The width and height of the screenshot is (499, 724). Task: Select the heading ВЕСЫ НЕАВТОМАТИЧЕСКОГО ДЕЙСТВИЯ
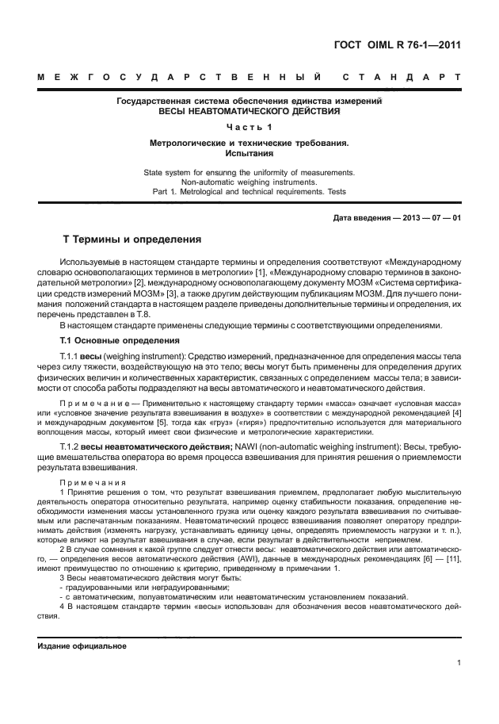pyautogui.click(x=249, y=112)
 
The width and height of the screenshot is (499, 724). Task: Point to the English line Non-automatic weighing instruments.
pyautogui.click(x=249, y=182)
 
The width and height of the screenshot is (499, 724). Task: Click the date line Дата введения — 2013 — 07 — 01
pyautogui.click(x=398, y=218)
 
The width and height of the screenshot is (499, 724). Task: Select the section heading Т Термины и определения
pyautogui.click(x=132, y=239)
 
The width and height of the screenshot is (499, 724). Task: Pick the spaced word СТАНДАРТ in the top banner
pyautogui.click(x=402, y=78)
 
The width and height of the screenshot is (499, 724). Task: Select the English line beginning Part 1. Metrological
pyautogui.click(x=249, y=192)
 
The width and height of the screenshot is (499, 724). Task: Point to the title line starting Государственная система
pyautogui.click(x=249, y=102)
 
